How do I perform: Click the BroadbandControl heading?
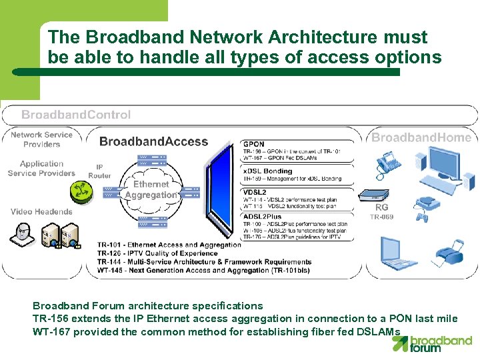(x=76, y=115)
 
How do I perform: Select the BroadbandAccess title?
(x=153, y=141)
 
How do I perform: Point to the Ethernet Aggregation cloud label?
(x=151, y=189)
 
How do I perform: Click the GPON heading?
(x=254, y=144)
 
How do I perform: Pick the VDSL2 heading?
(x=256, y=193)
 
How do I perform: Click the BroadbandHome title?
(x=421, y=137)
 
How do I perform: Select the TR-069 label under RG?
(x=381, y=217)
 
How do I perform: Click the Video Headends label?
(x=41, y=211)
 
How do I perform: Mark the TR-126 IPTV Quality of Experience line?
(x=157, y=253)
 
